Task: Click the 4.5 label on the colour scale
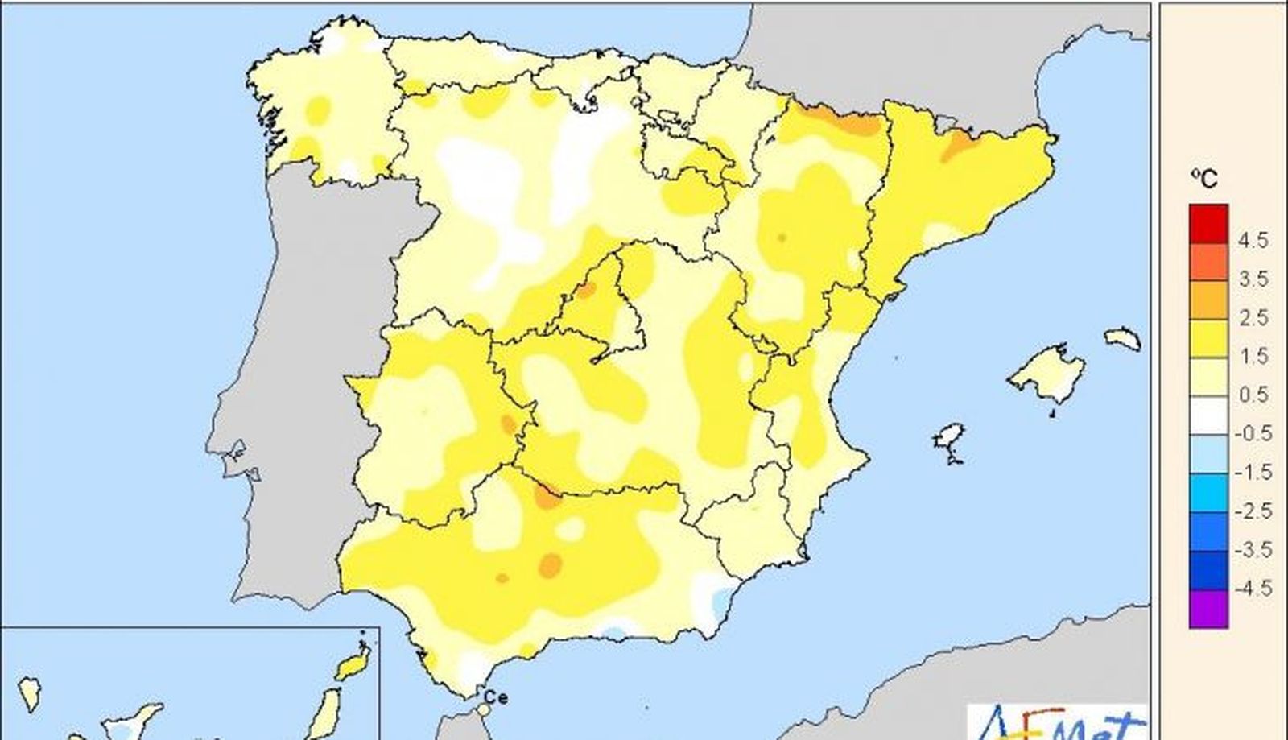coord(1253,240)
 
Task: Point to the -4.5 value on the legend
coord(1253,589)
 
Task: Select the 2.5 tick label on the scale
coord(1253,317)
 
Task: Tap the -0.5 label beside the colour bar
coord(1253,433)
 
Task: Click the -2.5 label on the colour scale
coord(1253,511)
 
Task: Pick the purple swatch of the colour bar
coord(1208,609)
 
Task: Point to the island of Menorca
coord(1123,337)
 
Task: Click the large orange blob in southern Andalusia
coord(551,564)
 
